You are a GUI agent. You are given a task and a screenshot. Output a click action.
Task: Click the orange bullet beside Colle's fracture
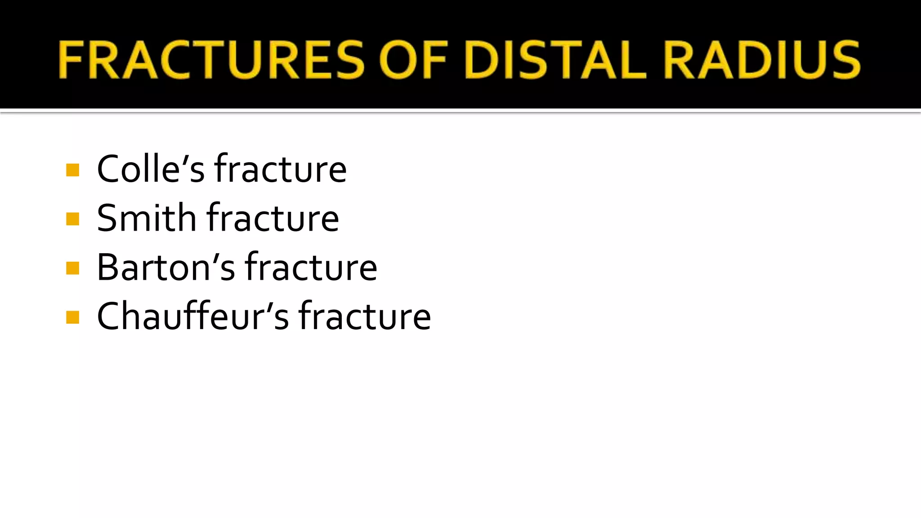[x=72, y=170]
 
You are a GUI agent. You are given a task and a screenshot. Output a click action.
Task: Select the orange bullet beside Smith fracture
[x=72, y=219]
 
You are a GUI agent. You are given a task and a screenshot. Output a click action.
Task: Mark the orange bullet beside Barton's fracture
[x=72, y=268]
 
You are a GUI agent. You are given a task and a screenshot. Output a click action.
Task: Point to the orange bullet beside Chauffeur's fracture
[x=72, y=317]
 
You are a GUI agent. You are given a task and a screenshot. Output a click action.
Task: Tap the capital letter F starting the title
[x=72, y=60]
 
